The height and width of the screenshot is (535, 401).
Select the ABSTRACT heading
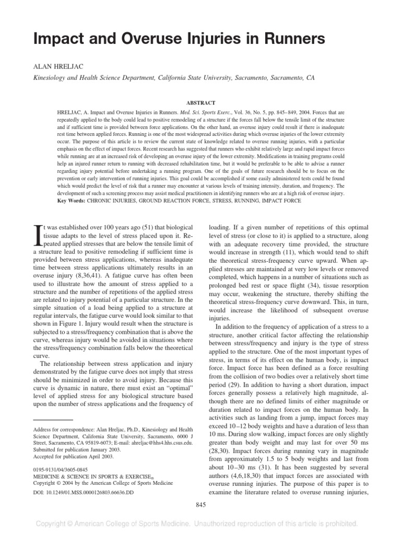pos(200,103)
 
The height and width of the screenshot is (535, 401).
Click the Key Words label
pos(73,200)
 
